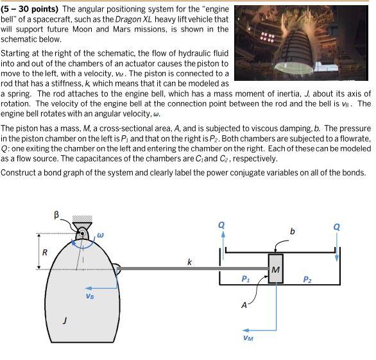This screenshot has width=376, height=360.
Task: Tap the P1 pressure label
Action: (246, 279)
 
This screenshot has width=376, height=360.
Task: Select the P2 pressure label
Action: (307, 279)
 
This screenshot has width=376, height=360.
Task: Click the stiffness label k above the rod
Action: (189, 262)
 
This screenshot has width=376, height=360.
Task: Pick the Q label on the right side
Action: (337, 227)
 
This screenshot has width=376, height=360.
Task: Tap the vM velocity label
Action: (248, 337)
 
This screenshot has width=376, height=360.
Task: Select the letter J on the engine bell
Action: (64, 320)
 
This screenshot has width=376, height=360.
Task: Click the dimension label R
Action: (44, 252)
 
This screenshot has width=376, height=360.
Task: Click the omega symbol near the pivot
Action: (100, 236)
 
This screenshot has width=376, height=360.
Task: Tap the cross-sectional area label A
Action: (244, 305)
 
